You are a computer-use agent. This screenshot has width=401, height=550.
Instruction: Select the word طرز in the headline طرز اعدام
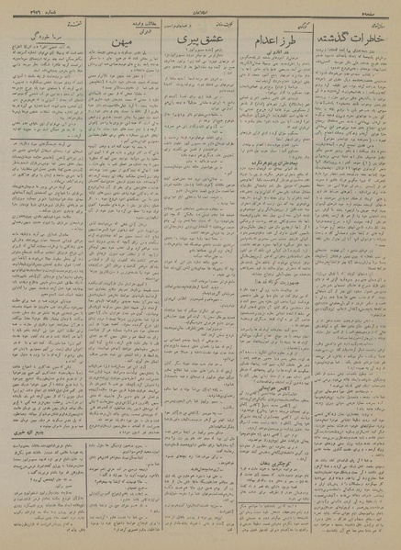point(287,46)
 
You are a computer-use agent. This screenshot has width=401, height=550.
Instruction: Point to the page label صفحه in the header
point(380,9)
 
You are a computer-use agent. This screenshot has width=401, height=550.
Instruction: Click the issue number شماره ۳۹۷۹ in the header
point(31,9)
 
